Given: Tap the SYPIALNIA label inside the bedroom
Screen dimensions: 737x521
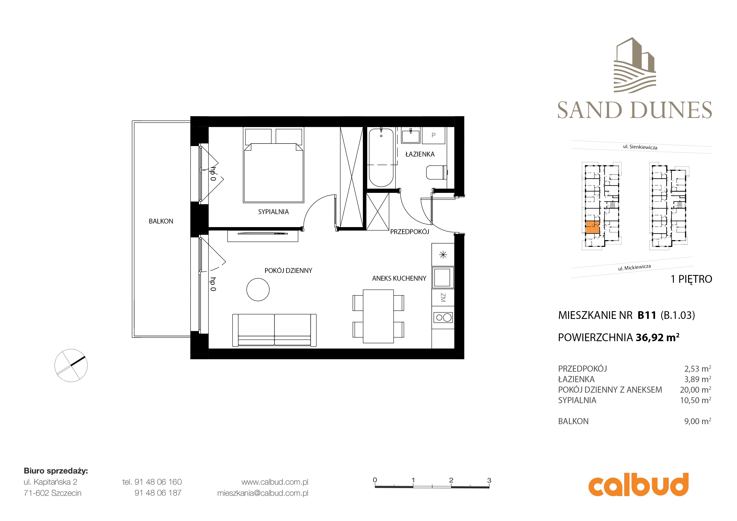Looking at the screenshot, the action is click(274, 212).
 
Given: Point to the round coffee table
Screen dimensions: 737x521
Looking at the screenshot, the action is click(258, 289).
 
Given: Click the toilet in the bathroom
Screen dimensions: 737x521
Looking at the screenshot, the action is click(436, 172).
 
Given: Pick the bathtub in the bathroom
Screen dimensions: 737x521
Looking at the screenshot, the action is click(381, 158).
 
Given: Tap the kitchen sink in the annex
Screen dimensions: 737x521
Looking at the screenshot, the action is click(443, 277).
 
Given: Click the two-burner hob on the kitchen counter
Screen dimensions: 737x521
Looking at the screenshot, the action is click(443, 317).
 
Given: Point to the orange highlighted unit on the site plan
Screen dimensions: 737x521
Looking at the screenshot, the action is click(592, 227).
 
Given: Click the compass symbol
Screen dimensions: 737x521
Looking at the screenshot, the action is click(71, 365).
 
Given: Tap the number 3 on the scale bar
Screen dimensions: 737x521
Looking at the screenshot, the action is click(489, 480).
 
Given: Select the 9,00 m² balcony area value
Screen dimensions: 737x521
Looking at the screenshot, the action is click(698, 421).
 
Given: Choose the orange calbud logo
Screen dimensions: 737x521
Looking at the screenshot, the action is click(638, 484).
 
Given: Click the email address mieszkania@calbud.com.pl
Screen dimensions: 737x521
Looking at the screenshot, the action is click(263, 493).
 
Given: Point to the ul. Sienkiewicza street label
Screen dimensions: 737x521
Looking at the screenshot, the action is click(640, 147).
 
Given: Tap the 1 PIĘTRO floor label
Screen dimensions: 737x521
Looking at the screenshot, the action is click(691, 279).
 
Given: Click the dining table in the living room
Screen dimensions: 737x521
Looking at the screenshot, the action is click(378, 316).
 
